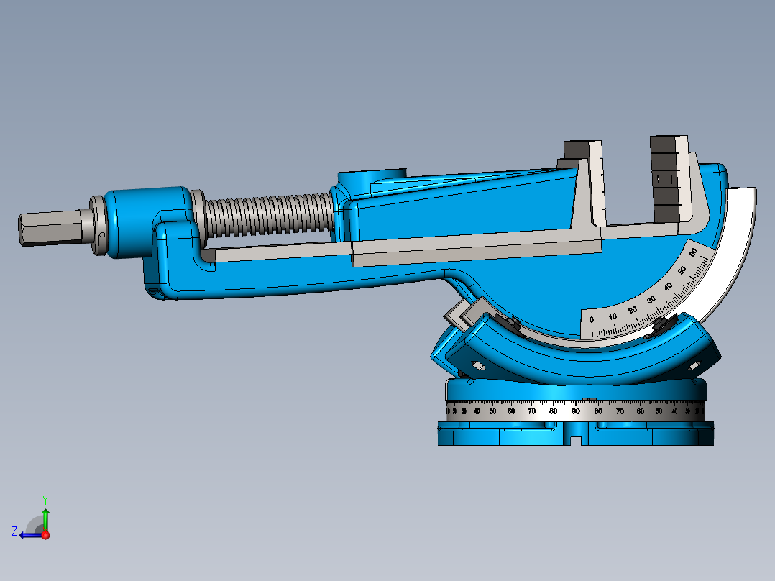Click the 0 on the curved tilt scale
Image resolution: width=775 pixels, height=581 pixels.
(x=592, y=319)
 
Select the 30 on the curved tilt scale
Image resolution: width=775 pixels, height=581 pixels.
(x=651, y=299)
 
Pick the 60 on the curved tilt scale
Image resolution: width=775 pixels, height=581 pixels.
(x=693, y=252)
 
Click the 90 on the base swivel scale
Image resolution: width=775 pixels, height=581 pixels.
(x=576, y=411)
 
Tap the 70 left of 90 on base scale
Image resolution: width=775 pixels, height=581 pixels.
(x=531, y=411)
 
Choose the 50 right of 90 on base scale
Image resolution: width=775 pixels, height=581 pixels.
(x=659, y=411)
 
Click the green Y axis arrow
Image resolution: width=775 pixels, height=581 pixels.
(x=45, y=516)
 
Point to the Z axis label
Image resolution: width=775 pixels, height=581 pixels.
(x=14, y=531)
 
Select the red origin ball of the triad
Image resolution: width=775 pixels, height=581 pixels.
(x=45, y=534)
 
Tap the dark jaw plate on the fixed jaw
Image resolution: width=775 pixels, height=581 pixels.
(x=664, y=176)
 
